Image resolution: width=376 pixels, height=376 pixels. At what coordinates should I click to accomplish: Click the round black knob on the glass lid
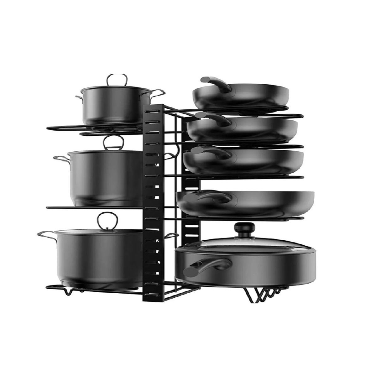tap(241, 230)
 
